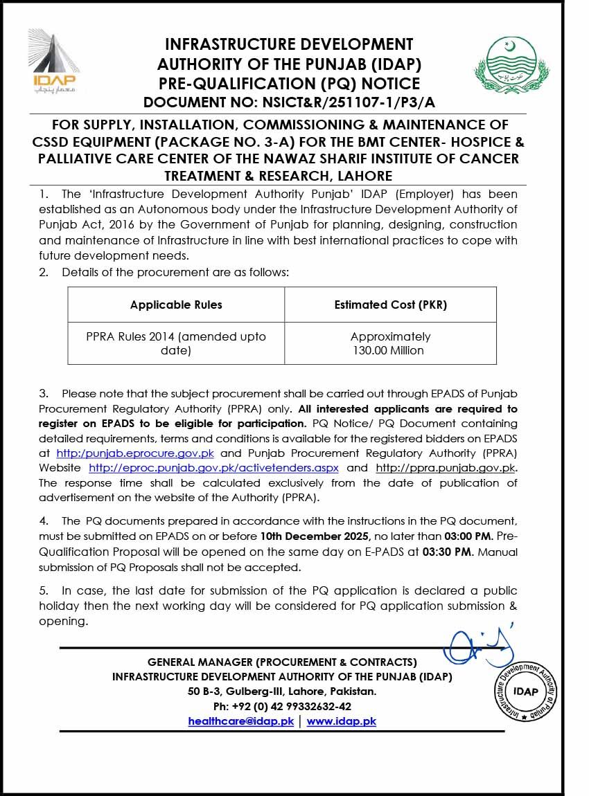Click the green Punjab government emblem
pos(504,68)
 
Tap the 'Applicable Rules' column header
pos(176,305)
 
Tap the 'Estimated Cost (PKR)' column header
pos(390,305)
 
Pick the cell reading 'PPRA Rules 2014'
pos(176,343)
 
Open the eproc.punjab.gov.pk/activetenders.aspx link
pos(213,467)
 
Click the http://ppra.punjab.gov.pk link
pos(446,467)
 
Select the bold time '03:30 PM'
pos(446,552)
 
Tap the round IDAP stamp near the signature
pos(526,691)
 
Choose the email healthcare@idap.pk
pos(241,721)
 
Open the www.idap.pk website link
pos(342,721)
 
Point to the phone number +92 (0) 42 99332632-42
pos(282,706)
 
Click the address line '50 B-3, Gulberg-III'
pos(282,691)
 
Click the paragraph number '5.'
pos(44,590)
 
